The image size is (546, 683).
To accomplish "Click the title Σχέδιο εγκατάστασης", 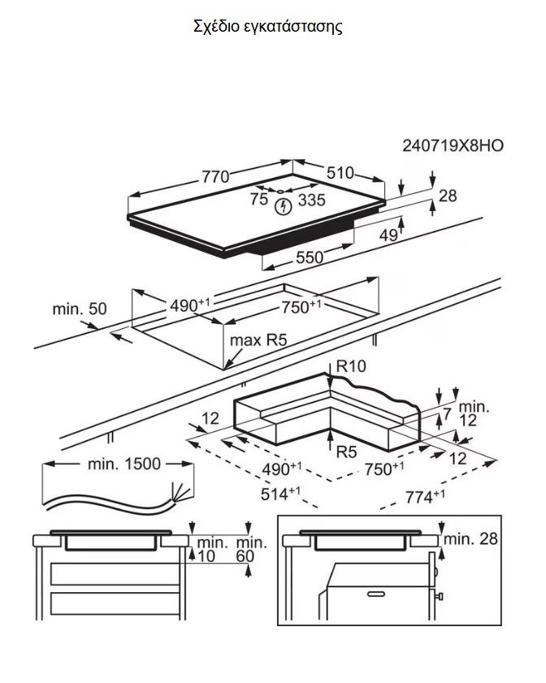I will (x=268, y=26).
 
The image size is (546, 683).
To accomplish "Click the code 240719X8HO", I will (x=453, y=146).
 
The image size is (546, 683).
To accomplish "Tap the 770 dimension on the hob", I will (x=214, y=175).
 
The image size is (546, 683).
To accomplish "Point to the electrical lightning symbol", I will (x=283, y=206).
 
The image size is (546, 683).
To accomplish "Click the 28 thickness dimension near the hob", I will (x=448, y=196).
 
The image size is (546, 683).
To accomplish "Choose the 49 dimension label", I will (x=389, y=236).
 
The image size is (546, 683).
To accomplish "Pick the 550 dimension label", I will (x=307, y=258).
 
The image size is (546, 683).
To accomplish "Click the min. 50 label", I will (x=80, y=309).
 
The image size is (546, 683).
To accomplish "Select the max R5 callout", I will (x=258, y=340).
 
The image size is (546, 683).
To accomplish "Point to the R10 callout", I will (x=351, y=366).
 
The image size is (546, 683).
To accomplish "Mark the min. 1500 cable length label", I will (x=123, y=465).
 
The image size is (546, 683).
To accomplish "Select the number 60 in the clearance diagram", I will (x=246, y=556).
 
